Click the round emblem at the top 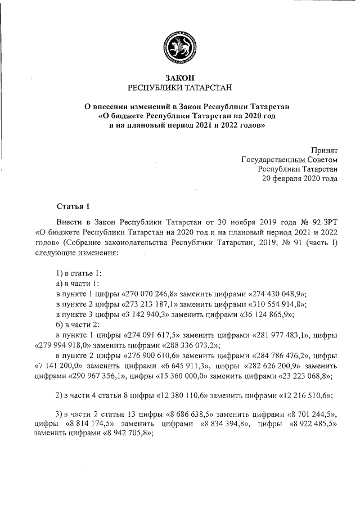179,44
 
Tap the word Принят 324,150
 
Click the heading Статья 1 73,205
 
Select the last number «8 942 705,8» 120,433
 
